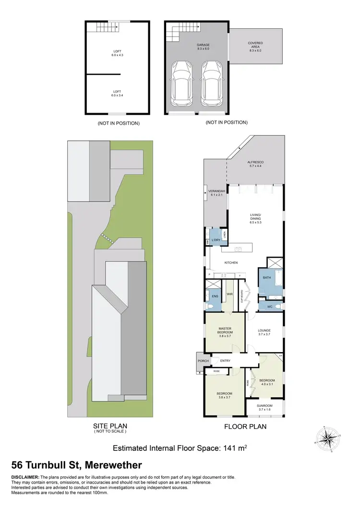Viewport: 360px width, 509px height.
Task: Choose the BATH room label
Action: point(266,277)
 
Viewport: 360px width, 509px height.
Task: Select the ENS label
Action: point(215,296)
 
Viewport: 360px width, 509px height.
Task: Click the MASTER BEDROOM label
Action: point(225,330)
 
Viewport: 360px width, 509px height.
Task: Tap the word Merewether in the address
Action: point(110,465)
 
